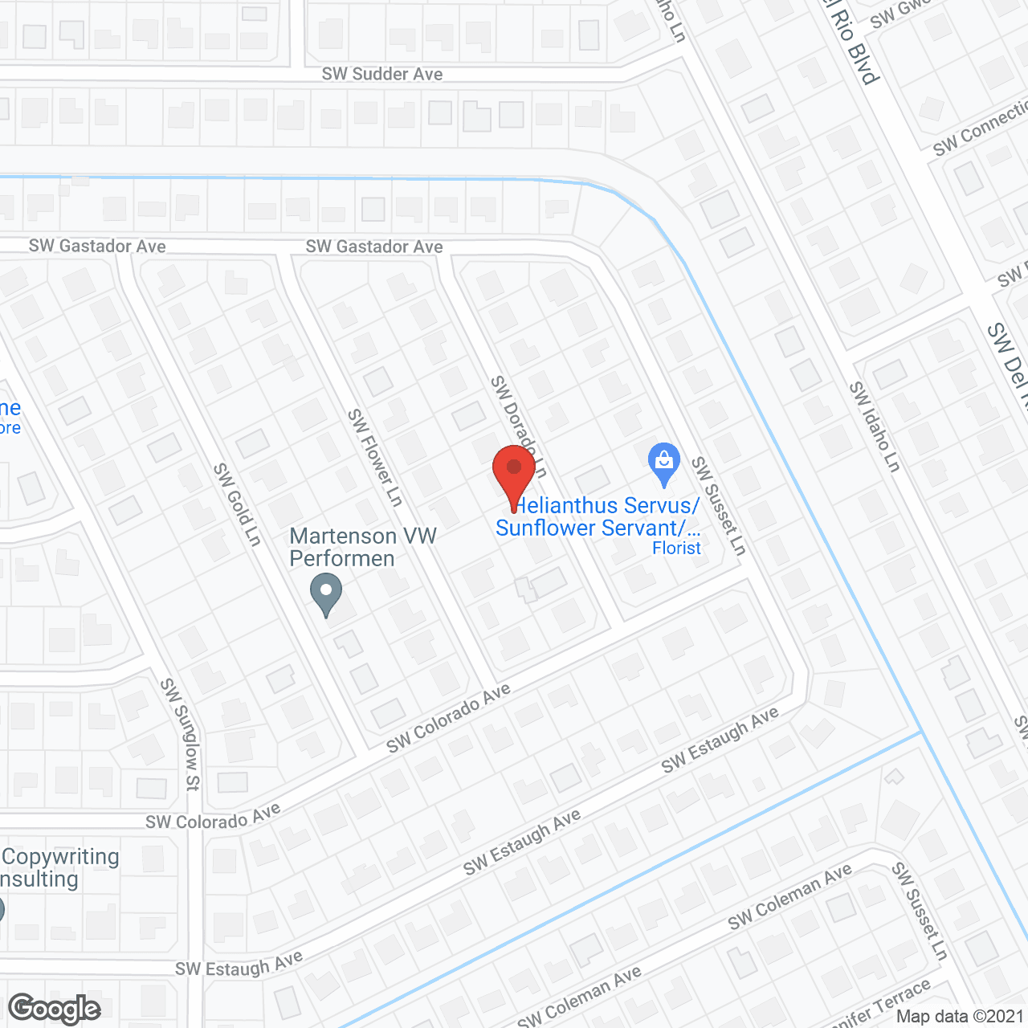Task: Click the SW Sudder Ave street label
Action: click(382, 74)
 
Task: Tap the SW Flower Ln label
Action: click(374, 457)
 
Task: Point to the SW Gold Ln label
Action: click(238, 504)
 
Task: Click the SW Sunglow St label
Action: click(180, 734)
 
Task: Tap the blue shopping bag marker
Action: click(664, 463)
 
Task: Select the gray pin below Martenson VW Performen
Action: click(326, 595)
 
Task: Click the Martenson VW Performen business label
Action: click(363, 547)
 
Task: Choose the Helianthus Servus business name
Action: click(606, 506)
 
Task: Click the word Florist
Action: click(676, 548)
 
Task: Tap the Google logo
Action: click(55, 1008)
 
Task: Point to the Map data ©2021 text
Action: click(960, 1017)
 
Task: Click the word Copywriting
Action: click(61, 857)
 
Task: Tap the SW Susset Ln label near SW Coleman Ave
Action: click(920, 911)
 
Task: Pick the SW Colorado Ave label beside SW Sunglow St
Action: click(213, 818)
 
